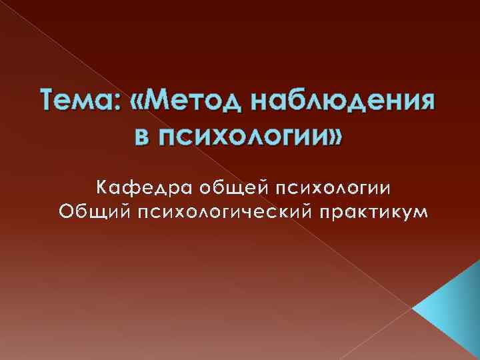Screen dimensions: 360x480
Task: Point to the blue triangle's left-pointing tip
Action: [x=415, y=309]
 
